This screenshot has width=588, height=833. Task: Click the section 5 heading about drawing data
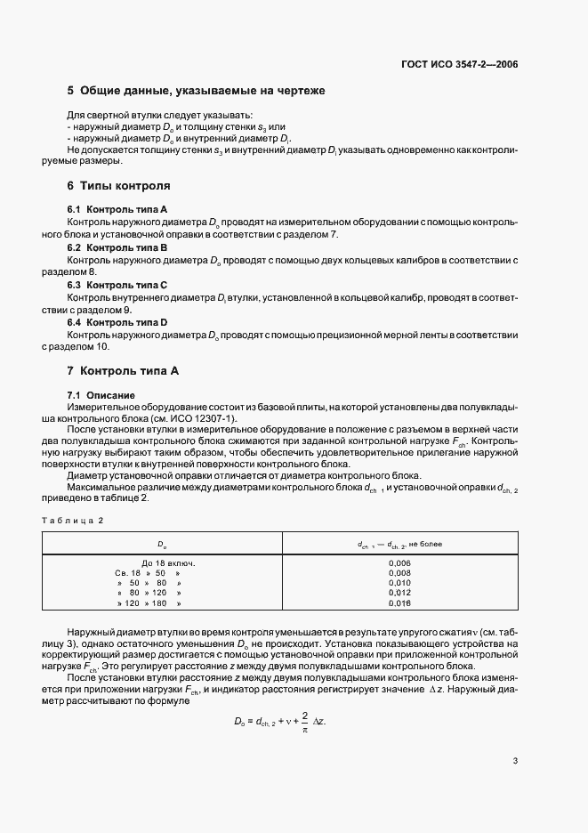(197, 91)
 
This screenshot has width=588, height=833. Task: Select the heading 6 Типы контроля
(118, 186)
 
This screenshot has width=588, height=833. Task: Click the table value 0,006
(400, 563)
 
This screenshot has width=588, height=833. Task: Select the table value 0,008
(400, 573)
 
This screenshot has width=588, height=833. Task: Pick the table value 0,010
(400, 583)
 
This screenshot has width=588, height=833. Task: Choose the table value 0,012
(400, 593)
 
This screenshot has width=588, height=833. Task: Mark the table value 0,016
(400, 603)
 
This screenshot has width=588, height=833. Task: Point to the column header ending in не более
(400, 543)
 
